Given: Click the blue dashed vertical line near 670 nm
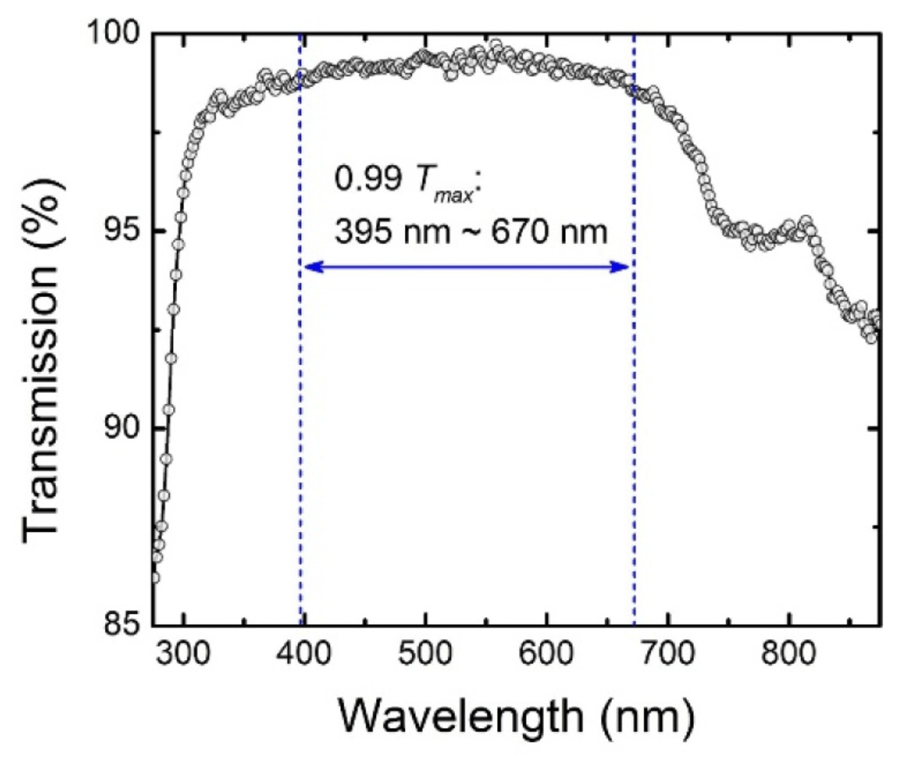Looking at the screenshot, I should (634, 407).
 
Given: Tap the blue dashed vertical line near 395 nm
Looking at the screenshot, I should (301, 407).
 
